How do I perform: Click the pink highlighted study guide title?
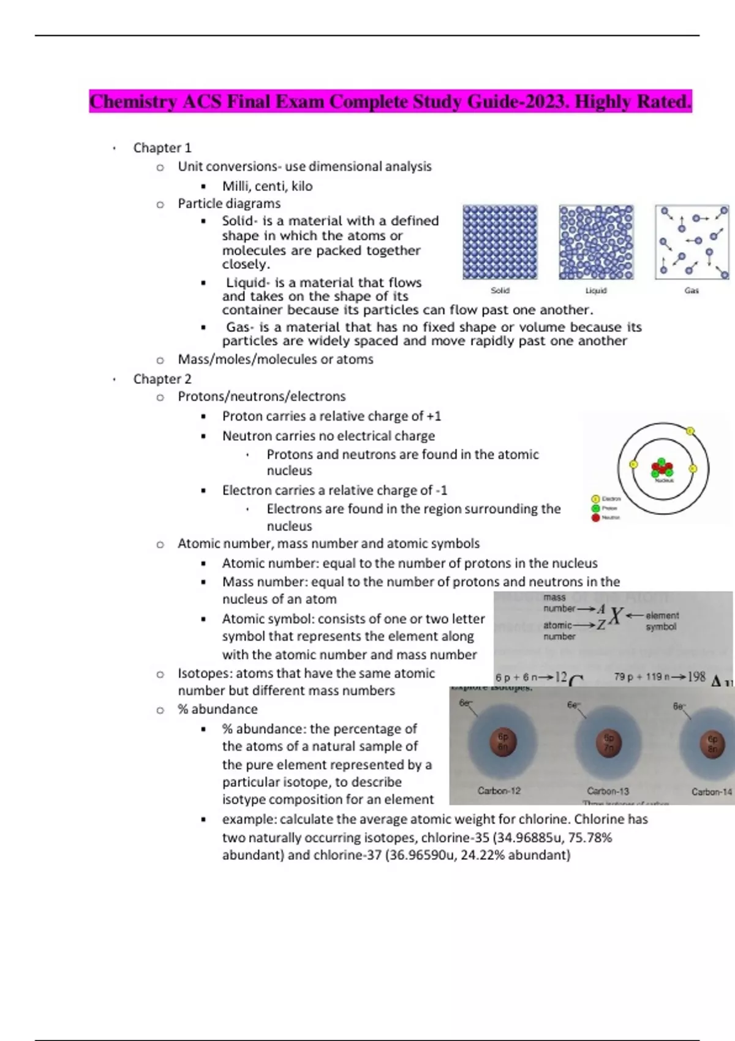coord(390,101)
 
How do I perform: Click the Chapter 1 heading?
coord(162,148)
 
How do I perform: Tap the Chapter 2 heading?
coord(162,379)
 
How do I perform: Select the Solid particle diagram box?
coord(500,242)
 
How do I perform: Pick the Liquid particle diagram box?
coord(596,242)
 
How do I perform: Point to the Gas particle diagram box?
coord(692,242)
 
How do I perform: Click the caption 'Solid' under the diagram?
coord(500,290)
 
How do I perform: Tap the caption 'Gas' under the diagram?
coord(692,290)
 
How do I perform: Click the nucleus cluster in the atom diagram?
coord(663,468)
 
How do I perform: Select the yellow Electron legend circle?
coord(595,499)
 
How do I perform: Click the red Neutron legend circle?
coord(595,517)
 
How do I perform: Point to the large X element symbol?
coord(616,616)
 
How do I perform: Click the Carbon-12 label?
coord(499,791)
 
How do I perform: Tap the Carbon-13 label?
coord(608,791)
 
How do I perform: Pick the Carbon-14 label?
coord(711,791)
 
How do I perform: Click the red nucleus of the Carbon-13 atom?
coord(609,742)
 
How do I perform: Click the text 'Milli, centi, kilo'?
coord(267,186)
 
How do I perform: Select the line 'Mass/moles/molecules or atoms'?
coord(276,359)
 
